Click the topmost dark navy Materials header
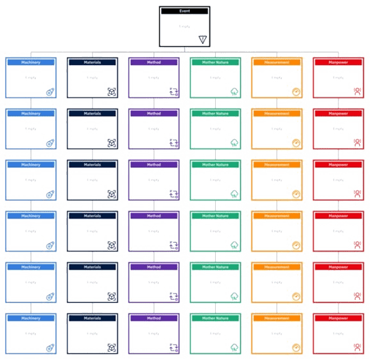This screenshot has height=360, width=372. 92,63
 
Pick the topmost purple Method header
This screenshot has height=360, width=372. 154,63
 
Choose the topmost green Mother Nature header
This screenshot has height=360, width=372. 216,63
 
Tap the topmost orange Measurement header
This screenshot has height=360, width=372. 278,63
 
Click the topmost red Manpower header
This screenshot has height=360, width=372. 339,63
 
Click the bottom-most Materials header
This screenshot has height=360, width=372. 92,318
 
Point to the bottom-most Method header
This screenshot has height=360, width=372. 154,318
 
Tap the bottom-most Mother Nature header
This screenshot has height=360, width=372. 216,318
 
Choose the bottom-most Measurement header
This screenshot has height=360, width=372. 278,318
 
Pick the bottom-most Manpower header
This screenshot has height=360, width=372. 339,318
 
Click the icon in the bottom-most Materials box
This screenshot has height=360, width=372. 112,347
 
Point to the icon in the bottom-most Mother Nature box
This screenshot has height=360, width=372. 235,347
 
